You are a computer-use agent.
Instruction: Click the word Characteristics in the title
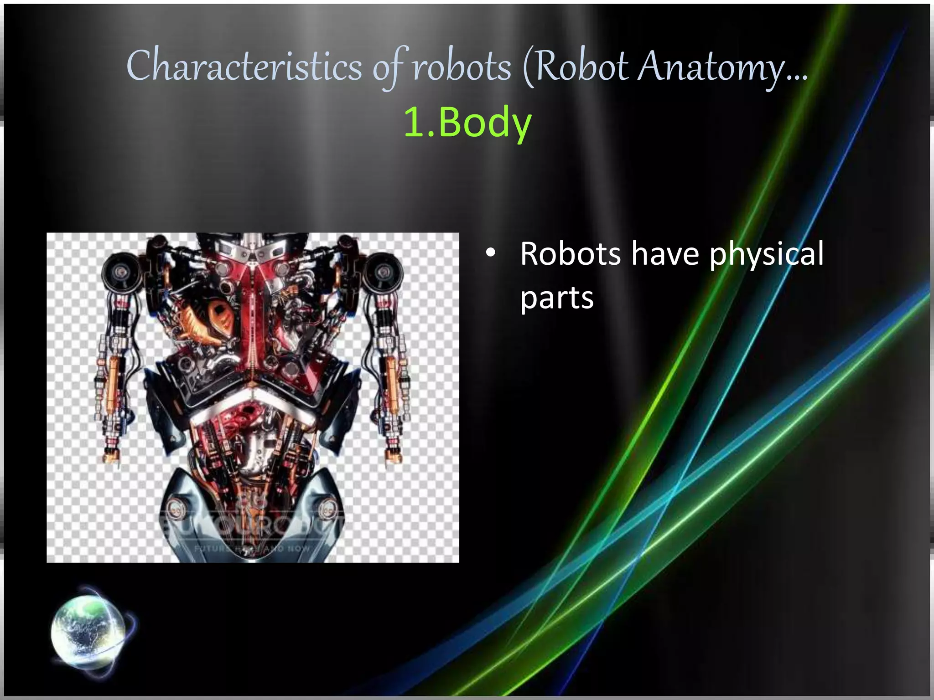pos(244,67)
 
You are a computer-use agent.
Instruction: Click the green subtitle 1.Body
pos(467,122)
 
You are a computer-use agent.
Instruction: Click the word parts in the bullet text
pos(557,298)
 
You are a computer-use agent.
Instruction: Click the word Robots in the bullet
pos(570,253)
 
